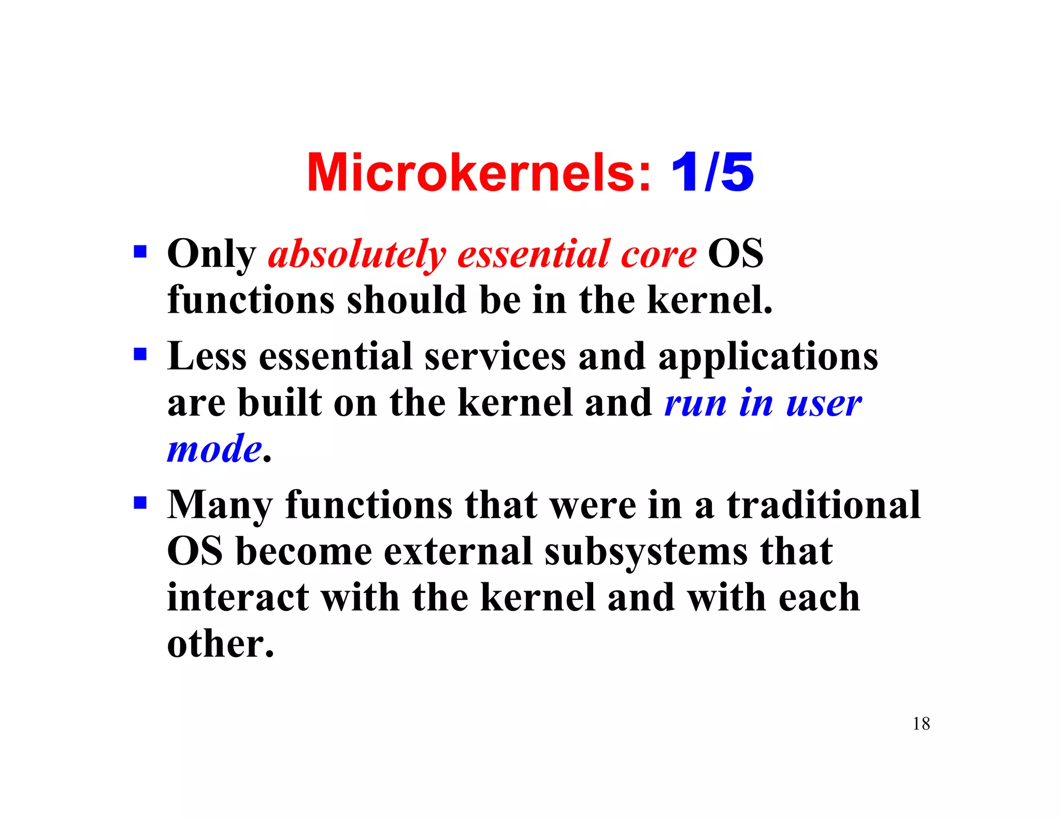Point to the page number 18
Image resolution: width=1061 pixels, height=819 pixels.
921,723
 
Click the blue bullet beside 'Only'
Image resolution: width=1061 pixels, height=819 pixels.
140,252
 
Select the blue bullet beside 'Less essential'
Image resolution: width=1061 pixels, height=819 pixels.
140,355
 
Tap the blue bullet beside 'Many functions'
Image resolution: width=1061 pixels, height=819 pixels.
140,503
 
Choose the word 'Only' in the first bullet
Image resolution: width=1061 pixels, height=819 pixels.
211,255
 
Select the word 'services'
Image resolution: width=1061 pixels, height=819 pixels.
495,357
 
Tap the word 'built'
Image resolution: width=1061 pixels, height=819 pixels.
280,402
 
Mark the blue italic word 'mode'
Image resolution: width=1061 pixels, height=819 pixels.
214,448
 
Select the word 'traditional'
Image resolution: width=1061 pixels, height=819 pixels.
823,505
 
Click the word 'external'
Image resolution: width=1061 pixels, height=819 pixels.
458,551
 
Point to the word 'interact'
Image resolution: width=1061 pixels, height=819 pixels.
238,597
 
